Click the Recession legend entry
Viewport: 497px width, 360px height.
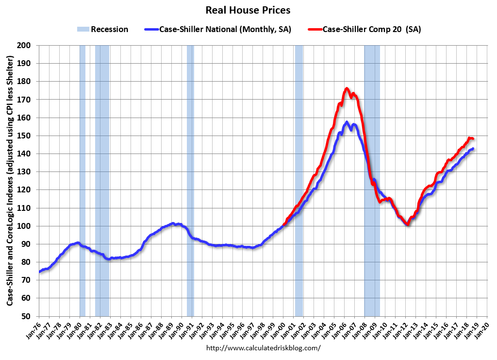[102, 29]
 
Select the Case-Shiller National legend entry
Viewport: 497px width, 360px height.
[218, 29]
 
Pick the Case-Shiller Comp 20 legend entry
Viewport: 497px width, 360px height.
[364, 29]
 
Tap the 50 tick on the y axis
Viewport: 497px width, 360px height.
[26, 316]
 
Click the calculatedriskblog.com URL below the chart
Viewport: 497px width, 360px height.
[264, 348]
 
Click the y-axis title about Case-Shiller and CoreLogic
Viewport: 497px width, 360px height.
[10, 180]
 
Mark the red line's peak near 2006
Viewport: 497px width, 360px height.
[347, 88]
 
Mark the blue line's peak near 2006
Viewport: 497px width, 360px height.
[347, 122]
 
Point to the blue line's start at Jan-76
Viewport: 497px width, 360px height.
[39, 272]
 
